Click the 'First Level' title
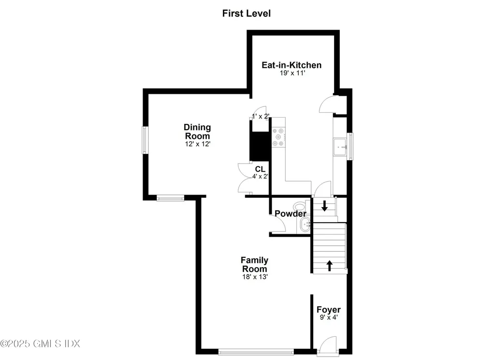click(246, 13)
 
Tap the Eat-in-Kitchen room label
click(291, 65)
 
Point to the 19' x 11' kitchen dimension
click(291, 74)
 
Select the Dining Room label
click(197, 132)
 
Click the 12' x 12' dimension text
click(197, 144)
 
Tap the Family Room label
click(254, 265)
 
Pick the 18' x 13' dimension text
click(254, 277)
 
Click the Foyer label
click(329, 310)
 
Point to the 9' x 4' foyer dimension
click(329, 318)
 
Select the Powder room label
click(290, 214)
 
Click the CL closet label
click(261, 169)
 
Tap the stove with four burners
click(278, 136)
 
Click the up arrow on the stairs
click(330, 265)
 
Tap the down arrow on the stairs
click(325, 205)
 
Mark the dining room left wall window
click(144, 140)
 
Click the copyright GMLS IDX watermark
click(40, 344)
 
